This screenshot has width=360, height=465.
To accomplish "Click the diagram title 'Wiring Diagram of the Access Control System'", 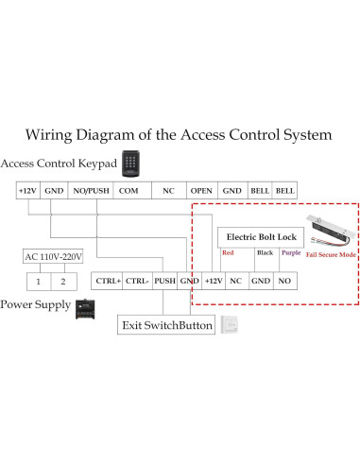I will click(180, 134).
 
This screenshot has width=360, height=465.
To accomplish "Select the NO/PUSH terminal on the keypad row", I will click(91, 190).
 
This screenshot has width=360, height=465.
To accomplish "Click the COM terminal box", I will click(129, 190).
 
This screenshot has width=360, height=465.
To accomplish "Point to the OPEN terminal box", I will click(200, 190).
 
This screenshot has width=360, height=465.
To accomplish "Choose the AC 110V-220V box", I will click(53, 256).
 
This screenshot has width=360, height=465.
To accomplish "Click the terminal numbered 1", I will click(39, 281).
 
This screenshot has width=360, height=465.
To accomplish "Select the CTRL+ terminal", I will click(107, 281).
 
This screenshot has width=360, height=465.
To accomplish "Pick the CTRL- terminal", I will click(137, 281).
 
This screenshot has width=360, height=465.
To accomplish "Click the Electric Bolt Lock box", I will click(263, 236).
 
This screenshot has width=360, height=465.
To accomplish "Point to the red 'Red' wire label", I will click(227, 253).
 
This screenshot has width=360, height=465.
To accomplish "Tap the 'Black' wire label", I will click(265, 253).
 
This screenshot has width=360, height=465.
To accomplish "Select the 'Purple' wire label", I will click(290, 253).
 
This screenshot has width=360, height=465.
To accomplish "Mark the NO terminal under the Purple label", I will click(285, 281).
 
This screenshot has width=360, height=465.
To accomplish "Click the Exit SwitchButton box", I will click(166, 325).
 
